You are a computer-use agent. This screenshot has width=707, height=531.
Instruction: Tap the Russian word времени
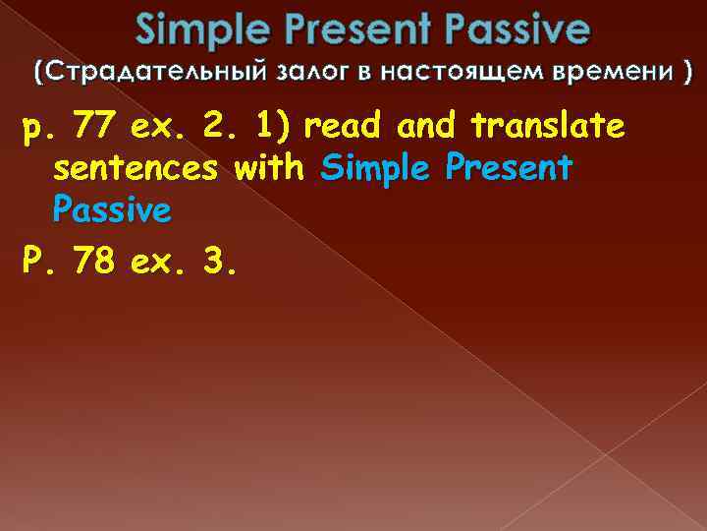[609, 73]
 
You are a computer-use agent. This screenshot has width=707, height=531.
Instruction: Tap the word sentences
[136, 168]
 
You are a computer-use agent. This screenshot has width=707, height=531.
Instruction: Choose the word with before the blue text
[272, 168]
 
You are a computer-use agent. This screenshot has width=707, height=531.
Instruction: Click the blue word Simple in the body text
[378, 168]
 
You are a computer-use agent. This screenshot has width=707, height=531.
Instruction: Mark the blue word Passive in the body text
[112, 209]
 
